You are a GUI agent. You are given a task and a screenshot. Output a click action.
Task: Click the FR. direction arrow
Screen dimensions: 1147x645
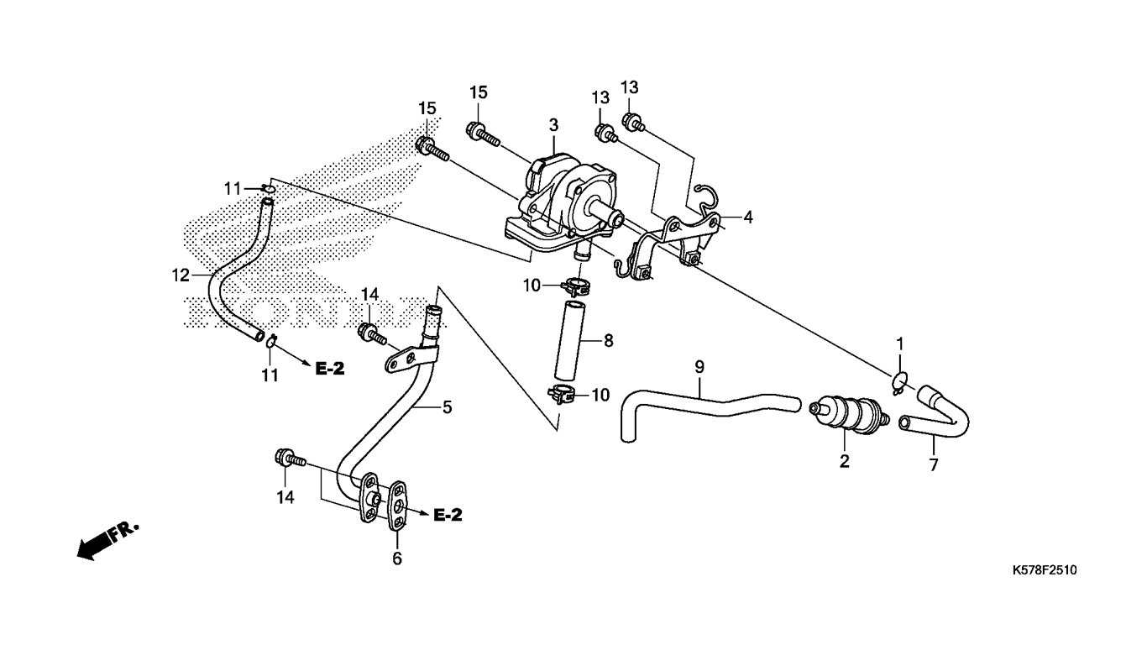107,542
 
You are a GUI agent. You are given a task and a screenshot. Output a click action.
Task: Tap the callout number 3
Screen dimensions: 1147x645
553,125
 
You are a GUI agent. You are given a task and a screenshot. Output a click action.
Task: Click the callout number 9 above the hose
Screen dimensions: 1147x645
699,367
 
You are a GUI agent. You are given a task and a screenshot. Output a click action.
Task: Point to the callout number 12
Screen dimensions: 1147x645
181,275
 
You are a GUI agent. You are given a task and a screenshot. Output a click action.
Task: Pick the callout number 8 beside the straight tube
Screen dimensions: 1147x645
608,340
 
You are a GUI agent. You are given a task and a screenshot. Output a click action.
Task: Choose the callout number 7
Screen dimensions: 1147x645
934,465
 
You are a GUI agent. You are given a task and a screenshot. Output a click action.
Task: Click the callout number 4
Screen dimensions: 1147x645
748,218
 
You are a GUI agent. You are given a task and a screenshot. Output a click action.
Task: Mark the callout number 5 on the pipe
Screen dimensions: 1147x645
447,407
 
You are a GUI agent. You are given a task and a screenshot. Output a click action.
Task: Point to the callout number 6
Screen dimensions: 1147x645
397,558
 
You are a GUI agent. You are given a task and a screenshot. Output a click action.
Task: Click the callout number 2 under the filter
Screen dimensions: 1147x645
845,461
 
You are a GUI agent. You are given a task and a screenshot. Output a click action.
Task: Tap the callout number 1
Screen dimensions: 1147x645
899,343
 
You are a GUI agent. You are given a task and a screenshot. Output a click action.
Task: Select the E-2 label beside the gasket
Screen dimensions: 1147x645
448,515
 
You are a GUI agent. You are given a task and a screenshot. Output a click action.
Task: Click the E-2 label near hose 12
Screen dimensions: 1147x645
330,369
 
